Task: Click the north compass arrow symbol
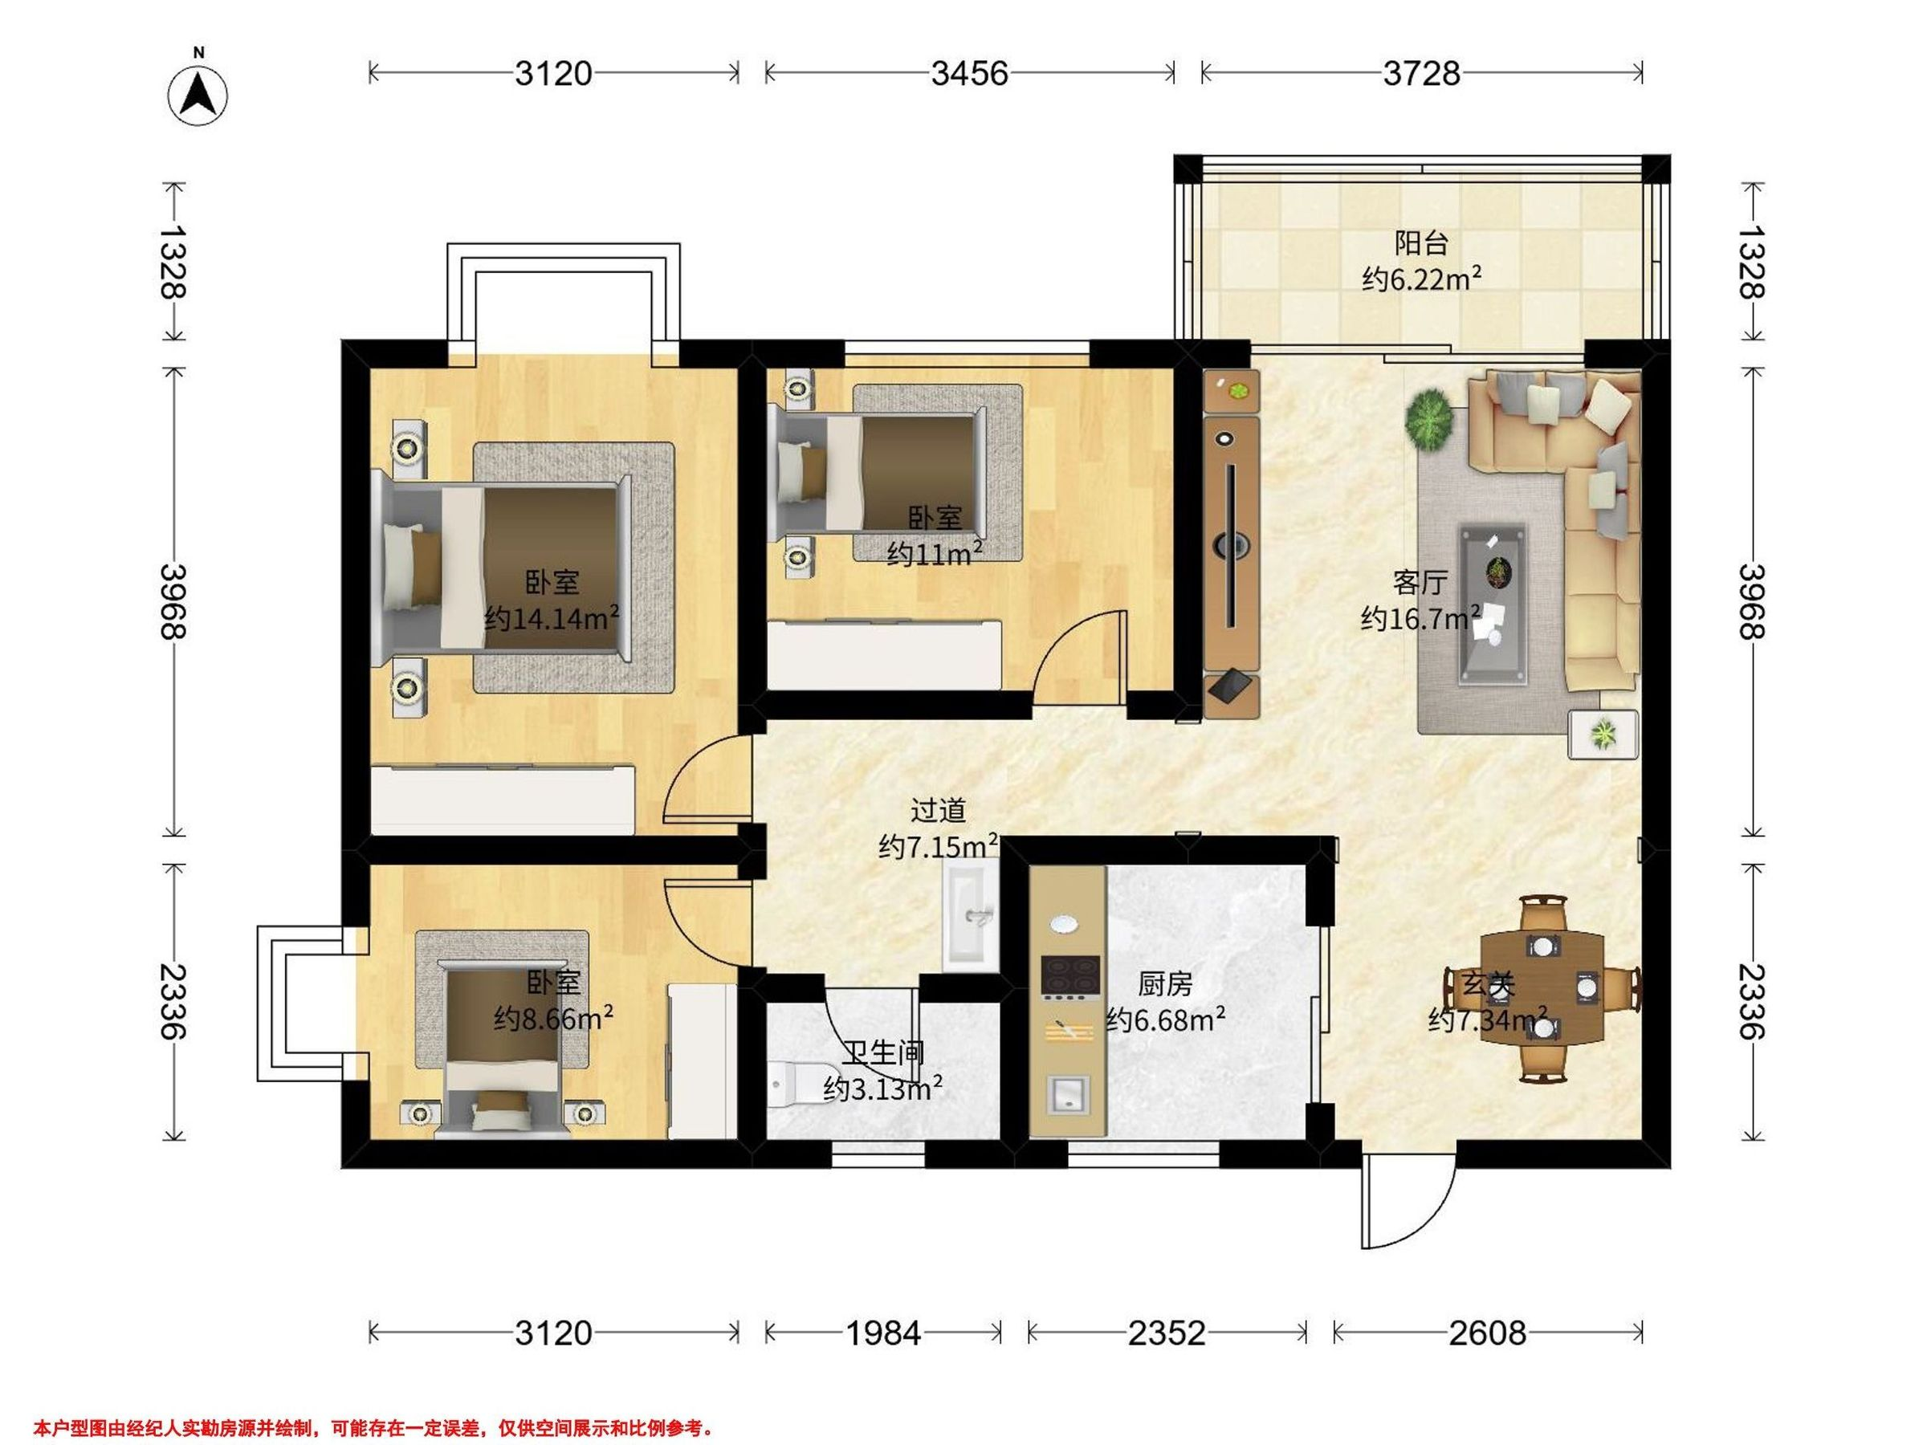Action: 198,94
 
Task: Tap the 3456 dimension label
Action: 969,73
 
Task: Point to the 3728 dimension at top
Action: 1421,73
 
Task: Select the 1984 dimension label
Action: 882,1333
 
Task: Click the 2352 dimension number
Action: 1167,1333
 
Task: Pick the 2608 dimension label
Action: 1487,1333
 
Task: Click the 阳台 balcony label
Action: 1422,242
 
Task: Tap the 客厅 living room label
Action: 1421,581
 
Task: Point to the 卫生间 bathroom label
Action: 882,1054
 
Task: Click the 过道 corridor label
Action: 939,811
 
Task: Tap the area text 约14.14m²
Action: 552,618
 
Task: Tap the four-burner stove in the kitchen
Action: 1069,976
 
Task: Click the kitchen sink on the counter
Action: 1068,1094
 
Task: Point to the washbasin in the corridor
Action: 970,913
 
